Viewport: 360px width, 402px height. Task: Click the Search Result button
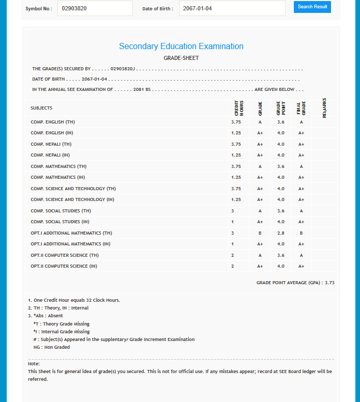[312, 7]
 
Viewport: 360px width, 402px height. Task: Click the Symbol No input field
[95, 8]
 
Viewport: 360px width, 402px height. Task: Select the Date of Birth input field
[232, 8]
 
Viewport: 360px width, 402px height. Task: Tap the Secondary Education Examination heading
[181, 46]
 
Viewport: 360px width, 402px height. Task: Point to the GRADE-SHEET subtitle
[181, 58]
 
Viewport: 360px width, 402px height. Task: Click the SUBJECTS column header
[41, 108]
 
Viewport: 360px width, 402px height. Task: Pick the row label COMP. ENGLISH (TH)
[53, 122]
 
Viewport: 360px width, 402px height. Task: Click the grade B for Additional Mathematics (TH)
[260, 233]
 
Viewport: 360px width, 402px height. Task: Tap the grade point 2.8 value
[281, 233]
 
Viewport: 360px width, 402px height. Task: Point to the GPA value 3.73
[329, 283]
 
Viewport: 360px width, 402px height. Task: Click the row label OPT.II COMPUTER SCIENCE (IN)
[64, 266]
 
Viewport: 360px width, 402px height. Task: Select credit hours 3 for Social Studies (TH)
[232, 211]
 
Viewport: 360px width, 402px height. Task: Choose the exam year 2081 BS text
[141, 89]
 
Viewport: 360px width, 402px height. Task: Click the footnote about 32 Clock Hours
[74, 300]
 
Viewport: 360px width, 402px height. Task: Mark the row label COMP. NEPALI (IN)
[50, 155]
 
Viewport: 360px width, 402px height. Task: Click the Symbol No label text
[39, 8]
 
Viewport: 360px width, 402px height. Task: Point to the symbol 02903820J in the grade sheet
[123, 69]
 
